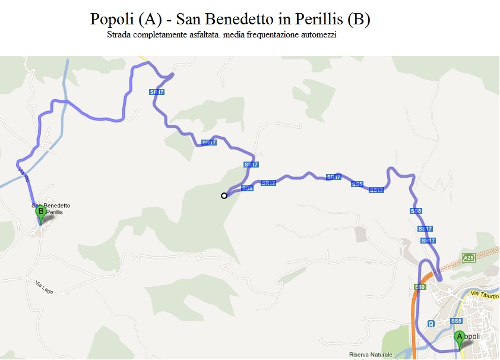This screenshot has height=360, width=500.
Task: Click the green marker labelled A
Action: click(x=459, y=339)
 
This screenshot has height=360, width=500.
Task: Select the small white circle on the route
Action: click(x=224, y=195)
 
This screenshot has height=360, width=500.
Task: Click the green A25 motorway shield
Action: click(x=469, y=258)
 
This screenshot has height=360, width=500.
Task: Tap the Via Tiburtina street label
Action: click(x=485, y=295)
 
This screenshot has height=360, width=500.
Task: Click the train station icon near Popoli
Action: click(x=431, y=324)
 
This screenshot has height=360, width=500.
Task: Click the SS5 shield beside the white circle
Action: click(x=248, y=188)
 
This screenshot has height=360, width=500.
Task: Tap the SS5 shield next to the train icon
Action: click(x=456, y=321)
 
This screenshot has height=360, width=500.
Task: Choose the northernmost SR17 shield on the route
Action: click(x=156, y=92)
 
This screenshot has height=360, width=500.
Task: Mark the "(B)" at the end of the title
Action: click(x=359, y=19)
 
